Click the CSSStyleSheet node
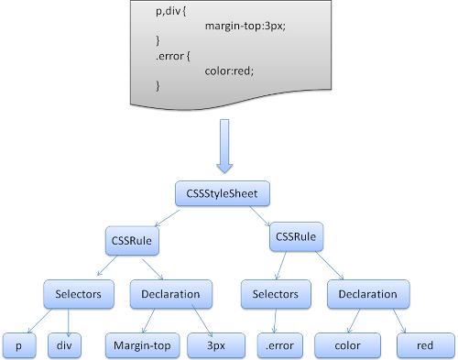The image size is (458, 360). tap(223, 194)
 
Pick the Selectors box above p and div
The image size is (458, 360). tap(79, 295)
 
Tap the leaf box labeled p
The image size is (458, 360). tap(17, 345)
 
